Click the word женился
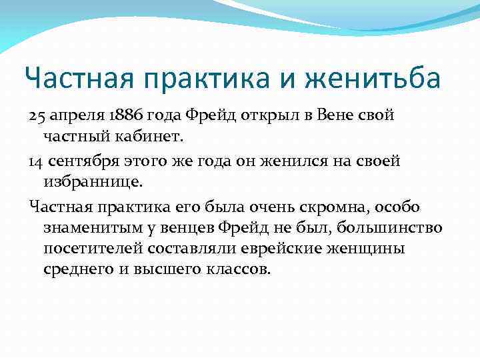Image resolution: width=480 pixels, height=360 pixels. [290, 161]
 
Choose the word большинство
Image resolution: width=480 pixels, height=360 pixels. [389, 228]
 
